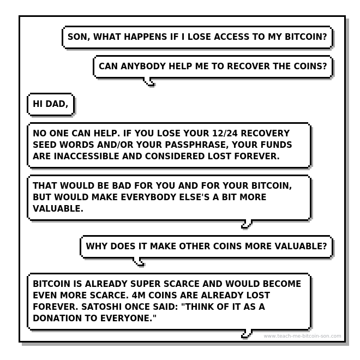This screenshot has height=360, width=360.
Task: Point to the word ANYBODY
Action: click(143, 66)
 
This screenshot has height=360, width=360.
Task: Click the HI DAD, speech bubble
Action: click(51, 104)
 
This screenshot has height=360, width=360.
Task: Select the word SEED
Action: click(45, 145)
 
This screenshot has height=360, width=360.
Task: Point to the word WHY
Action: click(97, 246)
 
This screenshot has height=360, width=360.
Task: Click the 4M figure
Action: click(139, 295)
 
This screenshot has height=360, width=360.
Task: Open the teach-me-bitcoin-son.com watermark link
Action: click(302, 336)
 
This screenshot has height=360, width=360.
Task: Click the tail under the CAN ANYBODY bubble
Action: click(149, 82)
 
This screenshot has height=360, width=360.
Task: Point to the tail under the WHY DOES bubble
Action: click(139, 262)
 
